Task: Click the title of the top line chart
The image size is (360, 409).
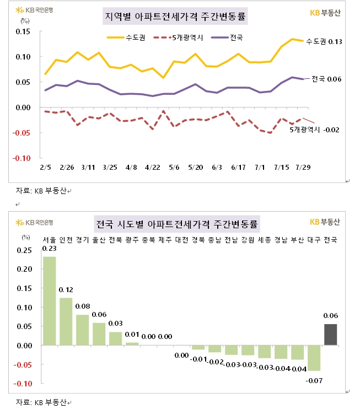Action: tap(175, 17)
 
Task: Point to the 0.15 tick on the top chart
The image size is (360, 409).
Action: tap(22, 31)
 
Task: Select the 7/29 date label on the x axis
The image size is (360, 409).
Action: tap(303, 168)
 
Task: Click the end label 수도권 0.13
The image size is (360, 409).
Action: tap(324, 42)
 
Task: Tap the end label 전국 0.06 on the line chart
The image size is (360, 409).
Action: tap(326, 79)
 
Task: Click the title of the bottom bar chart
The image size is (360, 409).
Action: tap(176, 224)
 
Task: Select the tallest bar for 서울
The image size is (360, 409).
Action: tap(50, 300)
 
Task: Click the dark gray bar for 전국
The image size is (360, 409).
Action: tap(330, 335)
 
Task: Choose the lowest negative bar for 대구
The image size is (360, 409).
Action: tap(314, 358)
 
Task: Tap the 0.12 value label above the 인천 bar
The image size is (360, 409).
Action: tap(66, 290)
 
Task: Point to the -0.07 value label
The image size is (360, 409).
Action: tap(314, 379)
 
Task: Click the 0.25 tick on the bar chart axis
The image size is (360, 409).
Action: tap(24, 250)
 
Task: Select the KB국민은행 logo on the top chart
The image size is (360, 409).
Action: tap(35, 10)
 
